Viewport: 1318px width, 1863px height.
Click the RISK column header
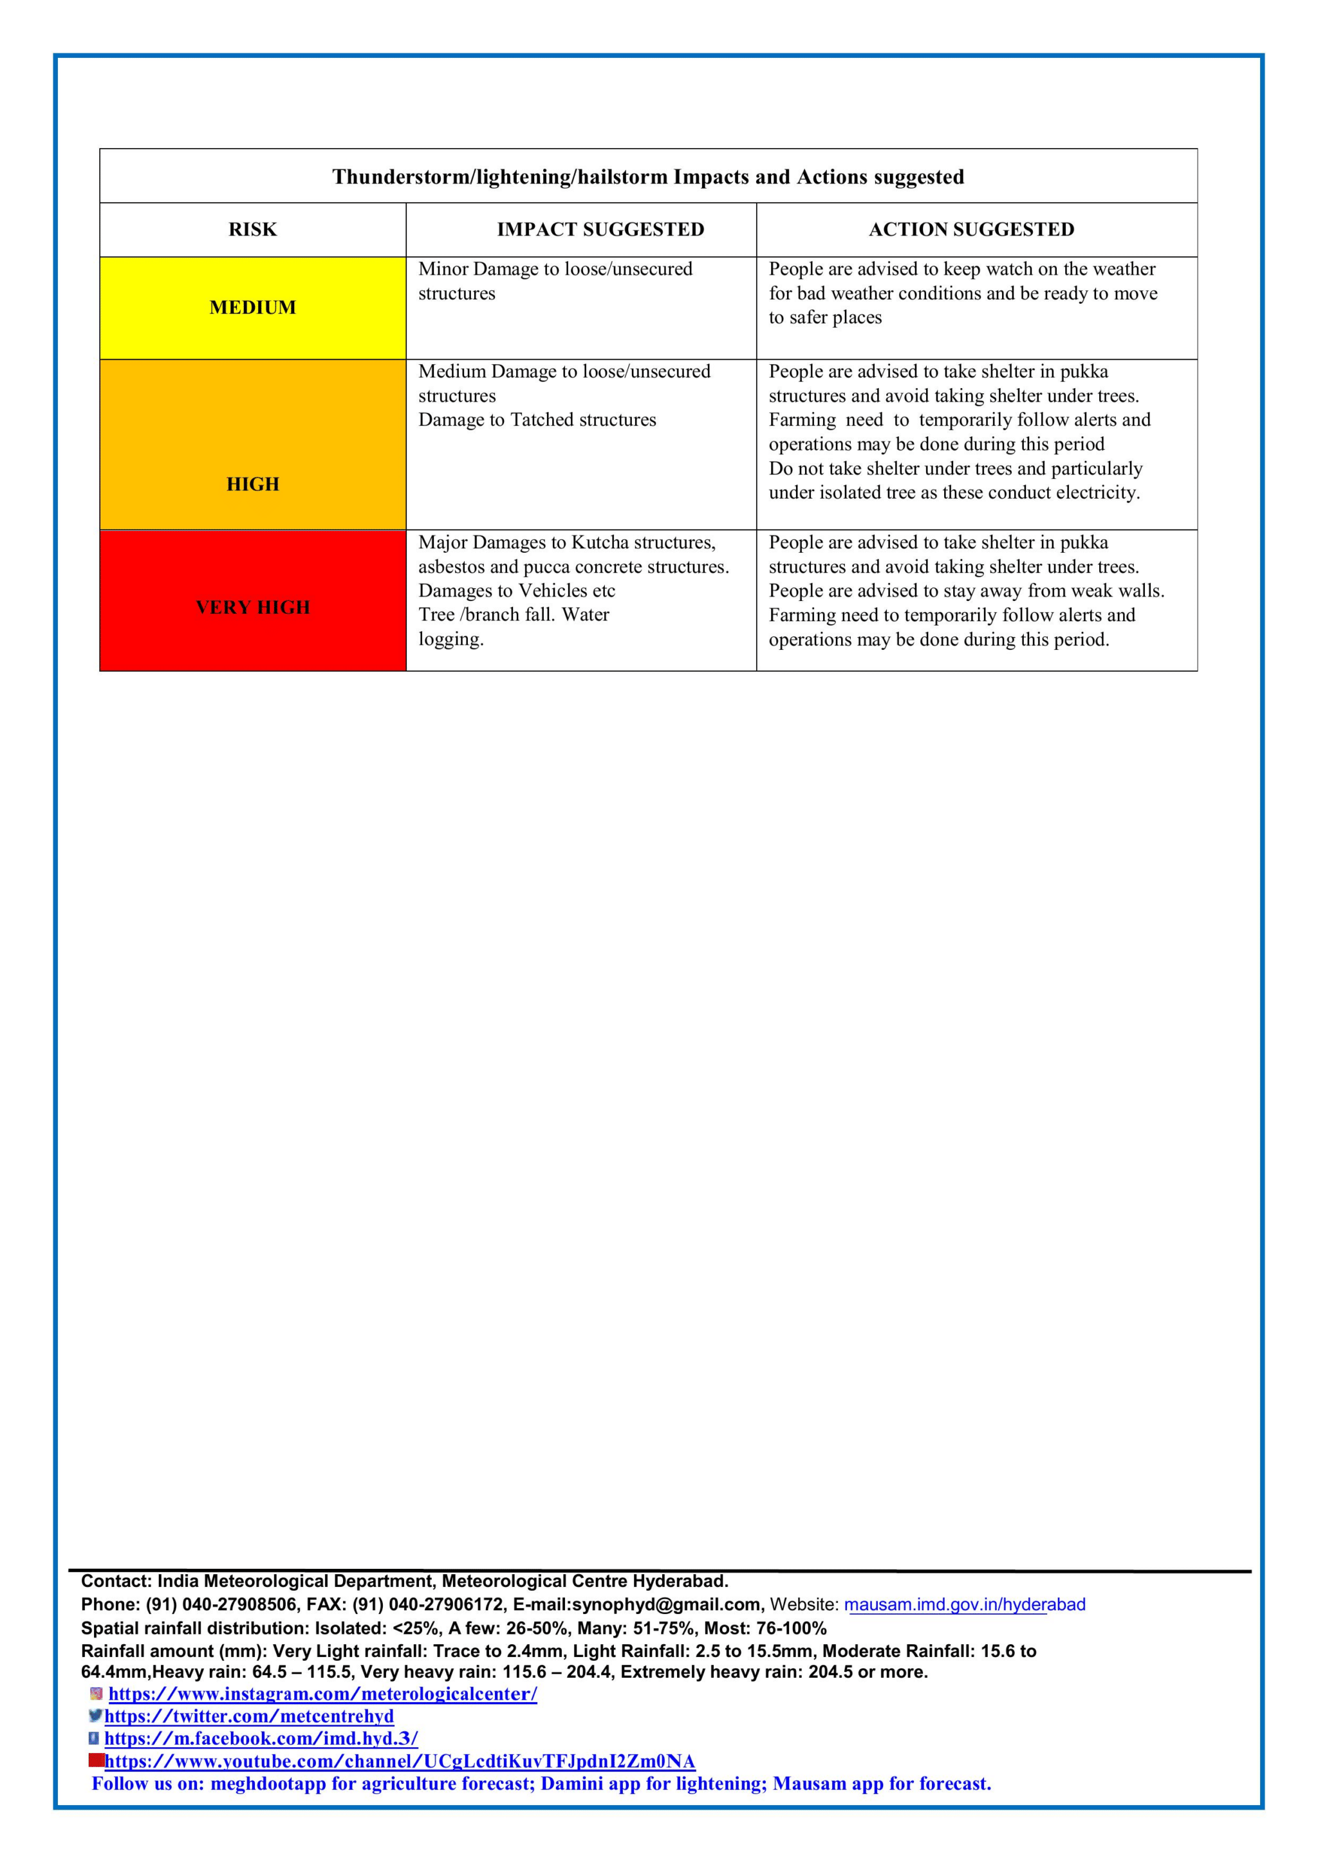coord(252,230)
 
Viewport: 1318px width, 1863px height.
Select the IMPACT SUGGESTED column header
coord(600,230)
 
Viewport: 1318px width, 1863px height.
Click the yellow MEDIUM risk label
coord(252,308)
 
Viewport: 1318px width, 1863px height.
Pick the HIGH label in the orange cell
coord(252,485)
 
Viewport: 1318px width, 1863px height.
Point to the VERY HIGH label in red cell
coord(252,607)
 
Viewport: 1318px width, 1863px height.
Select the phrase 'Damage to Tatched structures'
coord(537,420)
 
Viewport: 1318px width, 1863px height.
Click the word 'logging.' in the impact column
coord(450,640)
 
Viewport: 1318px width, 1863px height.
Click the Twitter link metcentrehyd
coord(248,1716)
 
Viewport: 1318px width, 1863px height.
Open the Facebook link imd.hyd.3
coord(261,1738)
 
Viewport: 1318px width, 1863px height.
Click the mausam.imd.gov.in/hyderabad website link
coord(964,1604)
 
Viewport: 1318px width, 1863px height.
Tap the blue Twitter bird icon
coord(96,1716)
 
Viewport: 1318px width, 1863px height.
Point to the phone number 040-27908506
coord(239,1604)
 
